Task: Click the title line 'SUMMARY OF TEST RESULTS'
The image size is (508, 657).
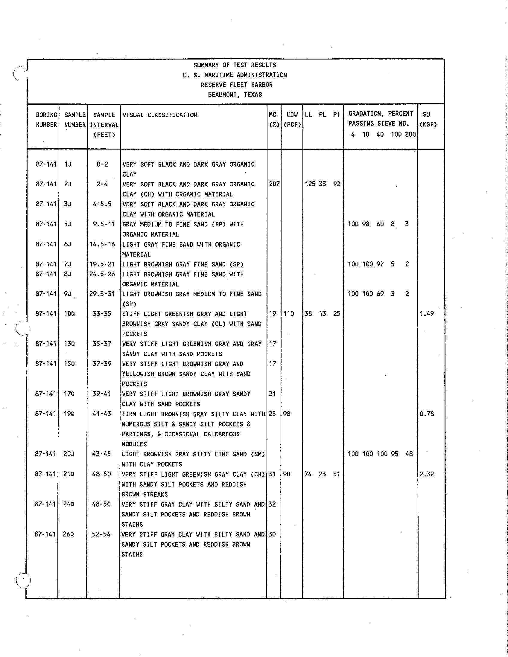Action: click(x=235, y=65)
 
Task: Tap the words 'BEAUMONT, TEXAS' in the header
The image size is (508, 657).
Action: click(x=235, y=95)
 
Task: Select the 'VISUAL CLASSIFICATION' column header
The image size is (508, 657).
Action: click(x=160, y=115)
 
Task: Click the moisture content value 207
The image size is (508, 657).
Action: click(x=274, y=184)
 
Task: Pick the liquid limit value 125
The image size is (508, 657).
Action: click(x=310, y=184)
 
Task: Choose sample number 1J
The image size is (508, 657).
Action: click(x=68, y=164)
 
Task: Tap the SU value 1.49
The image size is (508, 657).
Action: click(x=427, y=314)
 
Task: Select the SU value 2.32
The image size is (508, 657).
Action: click(x=427, y=474)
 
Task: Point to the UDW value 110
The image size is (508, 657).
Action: click(x=289, y=314)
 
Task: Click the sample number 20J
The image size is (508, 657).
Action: click(x=69, y=454)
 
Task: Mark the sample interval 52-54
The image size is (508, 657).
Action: click(x=101, y=534)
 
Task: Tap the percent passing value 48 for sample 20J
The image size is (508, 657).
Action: click(x=409, y=454)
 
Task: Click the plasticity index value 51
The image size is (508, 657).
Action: click(x=337, y=474)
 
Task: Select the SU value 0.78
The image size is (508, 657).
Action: click(x=427, y=414)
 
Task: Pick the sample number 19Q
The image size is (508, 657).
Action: click(x=69, y=414)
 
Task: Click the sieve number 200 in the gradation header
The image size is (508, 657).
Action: click(x=410, y=134)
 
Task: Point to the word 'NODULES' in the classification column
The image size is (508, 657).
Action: click(x=134, y=444)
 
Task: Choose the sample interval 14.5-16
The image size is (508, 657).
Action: click(x=102, y=244)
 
